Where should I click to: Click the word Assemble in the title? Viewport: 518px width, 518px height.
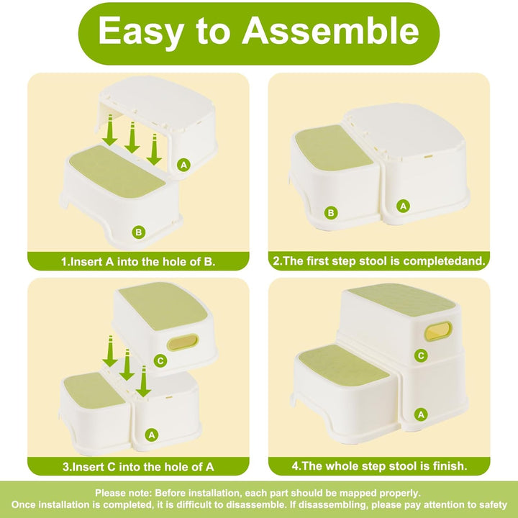tap(330, 31)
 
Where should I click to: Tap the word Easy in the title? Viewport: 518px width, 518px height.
tap(140, 32)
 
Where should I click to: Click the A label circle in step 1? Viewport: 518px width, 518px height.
tap(183, 165)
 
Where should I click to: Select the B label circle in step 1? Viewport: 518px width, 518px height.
tap(138, 232)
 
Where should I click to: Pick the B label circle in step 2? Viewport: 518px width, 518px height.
tap(331, 213)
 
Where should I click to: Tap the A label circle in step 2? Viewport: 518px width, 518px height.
tap(403, 206)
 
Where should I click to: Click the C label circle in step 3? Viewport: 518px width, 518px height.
tap(160, 360)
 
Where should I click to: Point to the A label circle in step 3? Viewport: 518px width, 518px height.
tap(152, 435)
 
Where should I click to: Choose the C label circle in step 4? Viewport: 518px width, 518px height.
tap(421, 355)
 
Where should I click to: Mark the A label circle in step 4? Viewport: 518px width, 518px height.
tap(421, 414)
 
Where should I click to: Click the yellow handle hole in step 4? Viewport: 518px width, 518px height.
tap(438, 332)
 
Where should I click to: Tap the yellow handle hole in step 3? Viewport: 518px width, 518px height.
tap(183, 342)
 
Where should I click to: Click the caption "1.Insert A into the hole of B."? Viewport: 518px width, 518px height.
tap(138, 262)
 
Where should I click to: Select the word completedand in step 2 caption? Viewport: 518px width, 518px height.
tap(445, 261)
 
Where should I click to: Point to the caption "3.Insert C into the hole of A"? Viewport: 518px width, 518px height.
tap(138, 467)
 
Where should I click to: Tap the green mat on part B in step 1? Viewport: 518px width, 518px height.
tap(117, 172)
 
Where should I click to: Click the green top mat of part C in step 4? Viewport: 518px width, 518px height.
tap(401, 300)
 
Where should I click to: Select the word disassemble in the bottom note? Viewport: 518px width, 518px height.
tap(255, 504)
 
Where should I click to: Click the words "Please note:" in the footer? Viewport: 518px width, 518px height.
tap(124, 493)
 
